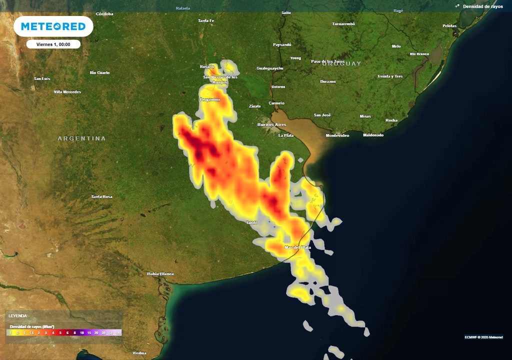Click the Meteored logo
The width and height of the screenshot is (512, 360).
point(53,26)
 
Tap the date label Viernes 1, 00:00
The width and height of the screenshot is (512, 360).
point(53,44)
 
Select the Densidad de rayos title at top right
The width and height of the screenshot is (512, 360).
point(482,6)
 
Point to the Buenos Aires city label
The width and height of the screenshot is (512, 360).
point(271,124)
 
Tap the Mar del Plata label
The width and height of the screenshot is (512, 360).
point(297,247)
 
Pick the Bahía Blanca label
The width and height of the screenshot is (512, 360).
point(160,274)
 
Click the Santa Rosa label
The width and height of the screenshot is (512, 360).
point(101,196)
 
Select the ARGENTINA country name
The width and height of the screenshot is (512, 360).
point(81,138)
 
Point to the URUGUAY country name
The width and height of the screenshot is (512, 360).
point(341,63)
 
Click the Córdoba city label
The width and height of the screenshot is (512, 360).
point(104,14)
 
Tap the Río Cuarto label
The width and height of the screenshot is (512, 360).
point(99,72)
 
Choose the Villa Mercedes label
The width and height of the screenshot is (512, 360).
point(67,92)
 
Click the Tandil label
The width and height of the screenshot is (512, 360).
point(251,222)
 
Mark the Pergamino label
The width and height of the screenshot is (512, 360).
point(210,99)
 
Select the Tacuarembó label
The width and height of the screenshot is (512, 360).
point(343,24)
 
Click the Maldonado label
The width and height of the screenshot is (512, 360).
point(373,135)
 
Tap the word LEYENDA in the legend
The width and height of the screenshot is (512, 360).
point(17,315)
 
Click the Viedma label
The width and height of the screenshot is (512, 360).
point(139,353)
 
